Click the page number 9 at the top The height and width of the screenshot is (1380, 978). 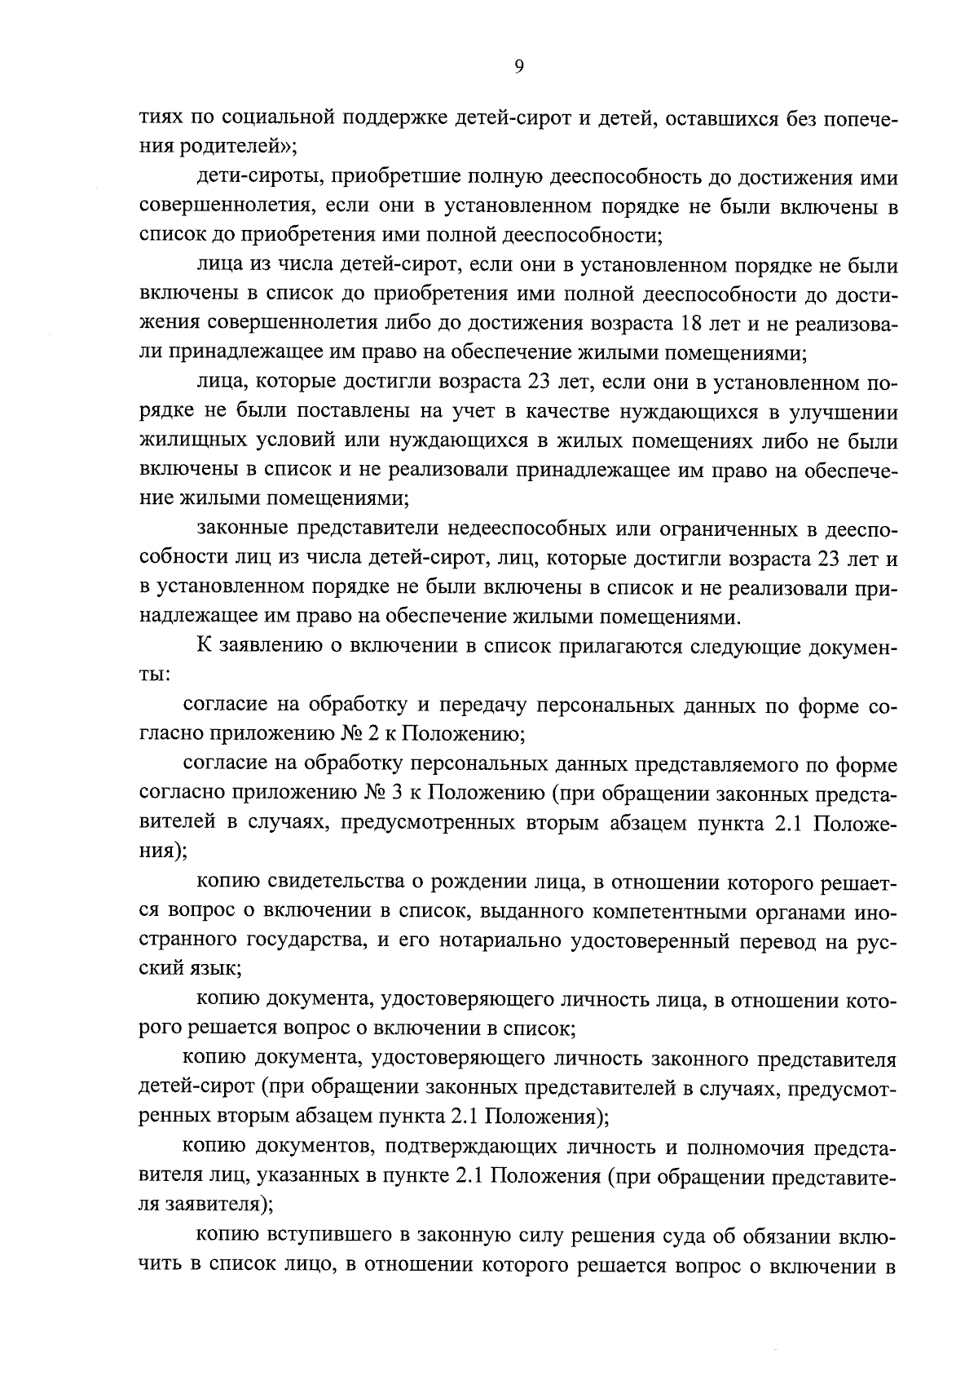coord(519,69)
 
